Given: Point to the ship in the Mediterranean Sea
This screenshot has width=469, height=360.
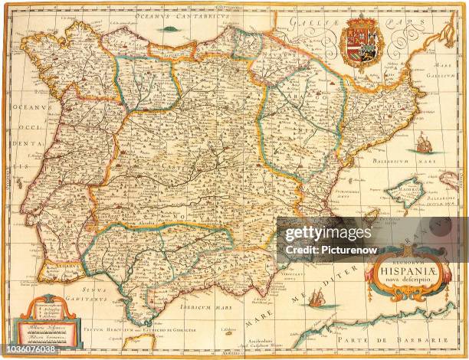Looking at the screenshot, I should pyautogui.click(x=315, y=298).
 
